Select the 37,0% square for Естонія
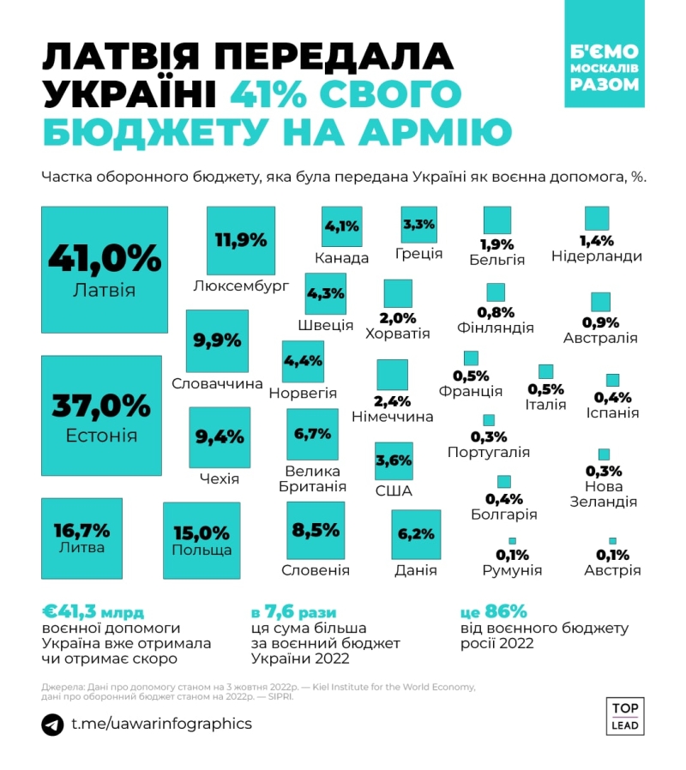101,415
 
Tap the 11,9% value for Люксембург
241,240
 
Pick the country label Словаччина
217,383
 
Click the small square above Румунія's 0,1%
513,540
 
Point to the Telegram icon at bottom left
52,725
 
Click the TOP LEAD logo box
626,716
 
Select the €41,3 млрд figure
94,613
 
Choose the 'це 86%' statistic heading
493,612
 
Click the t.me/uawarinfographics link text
161,725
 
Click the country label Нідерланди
597,256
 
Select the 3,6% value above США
394,460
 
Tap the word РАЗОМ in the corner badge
604,84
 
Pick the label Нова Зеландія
604,494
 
